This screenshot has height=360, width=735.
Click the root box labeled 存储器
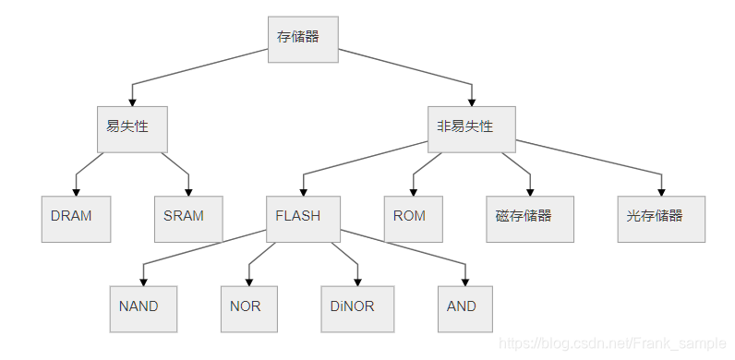[x=303, y=39]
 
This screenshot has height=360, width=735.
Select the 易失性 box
[x=131, y=129]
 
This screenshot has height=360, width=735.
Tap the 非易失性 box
[x=470, y=129]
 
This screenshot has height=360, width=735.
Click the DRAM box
[x=76, y=219]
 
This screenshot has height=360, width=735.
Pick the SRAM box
[x=188, y=219]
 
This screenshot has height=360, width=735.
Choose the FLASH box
[x=302, y=219]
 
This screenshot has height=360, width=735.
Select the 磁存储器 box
[x=530, y=219]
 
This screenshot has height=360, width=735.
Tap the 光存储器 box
[x=661, y=219]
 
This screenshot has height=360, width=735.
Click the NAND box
[x=143, y=308]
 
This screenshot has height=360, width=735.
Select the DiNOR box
[x=357, y=308]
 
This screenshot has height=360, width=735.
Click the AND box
[x=464, y=308]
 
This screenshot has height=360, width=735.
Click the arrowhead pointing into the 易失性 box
[x=132, y=101]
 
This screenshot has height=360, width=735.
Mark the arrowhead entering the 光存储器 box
[x=662, y=190]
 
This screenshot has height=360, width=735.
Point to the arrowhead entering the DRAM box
[x=76, y=190]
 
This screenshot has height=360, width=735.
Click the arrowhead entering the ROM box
[x=414, y=190]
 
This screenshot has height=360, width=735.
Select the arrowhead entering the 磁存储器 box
[x=531, y=190]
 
